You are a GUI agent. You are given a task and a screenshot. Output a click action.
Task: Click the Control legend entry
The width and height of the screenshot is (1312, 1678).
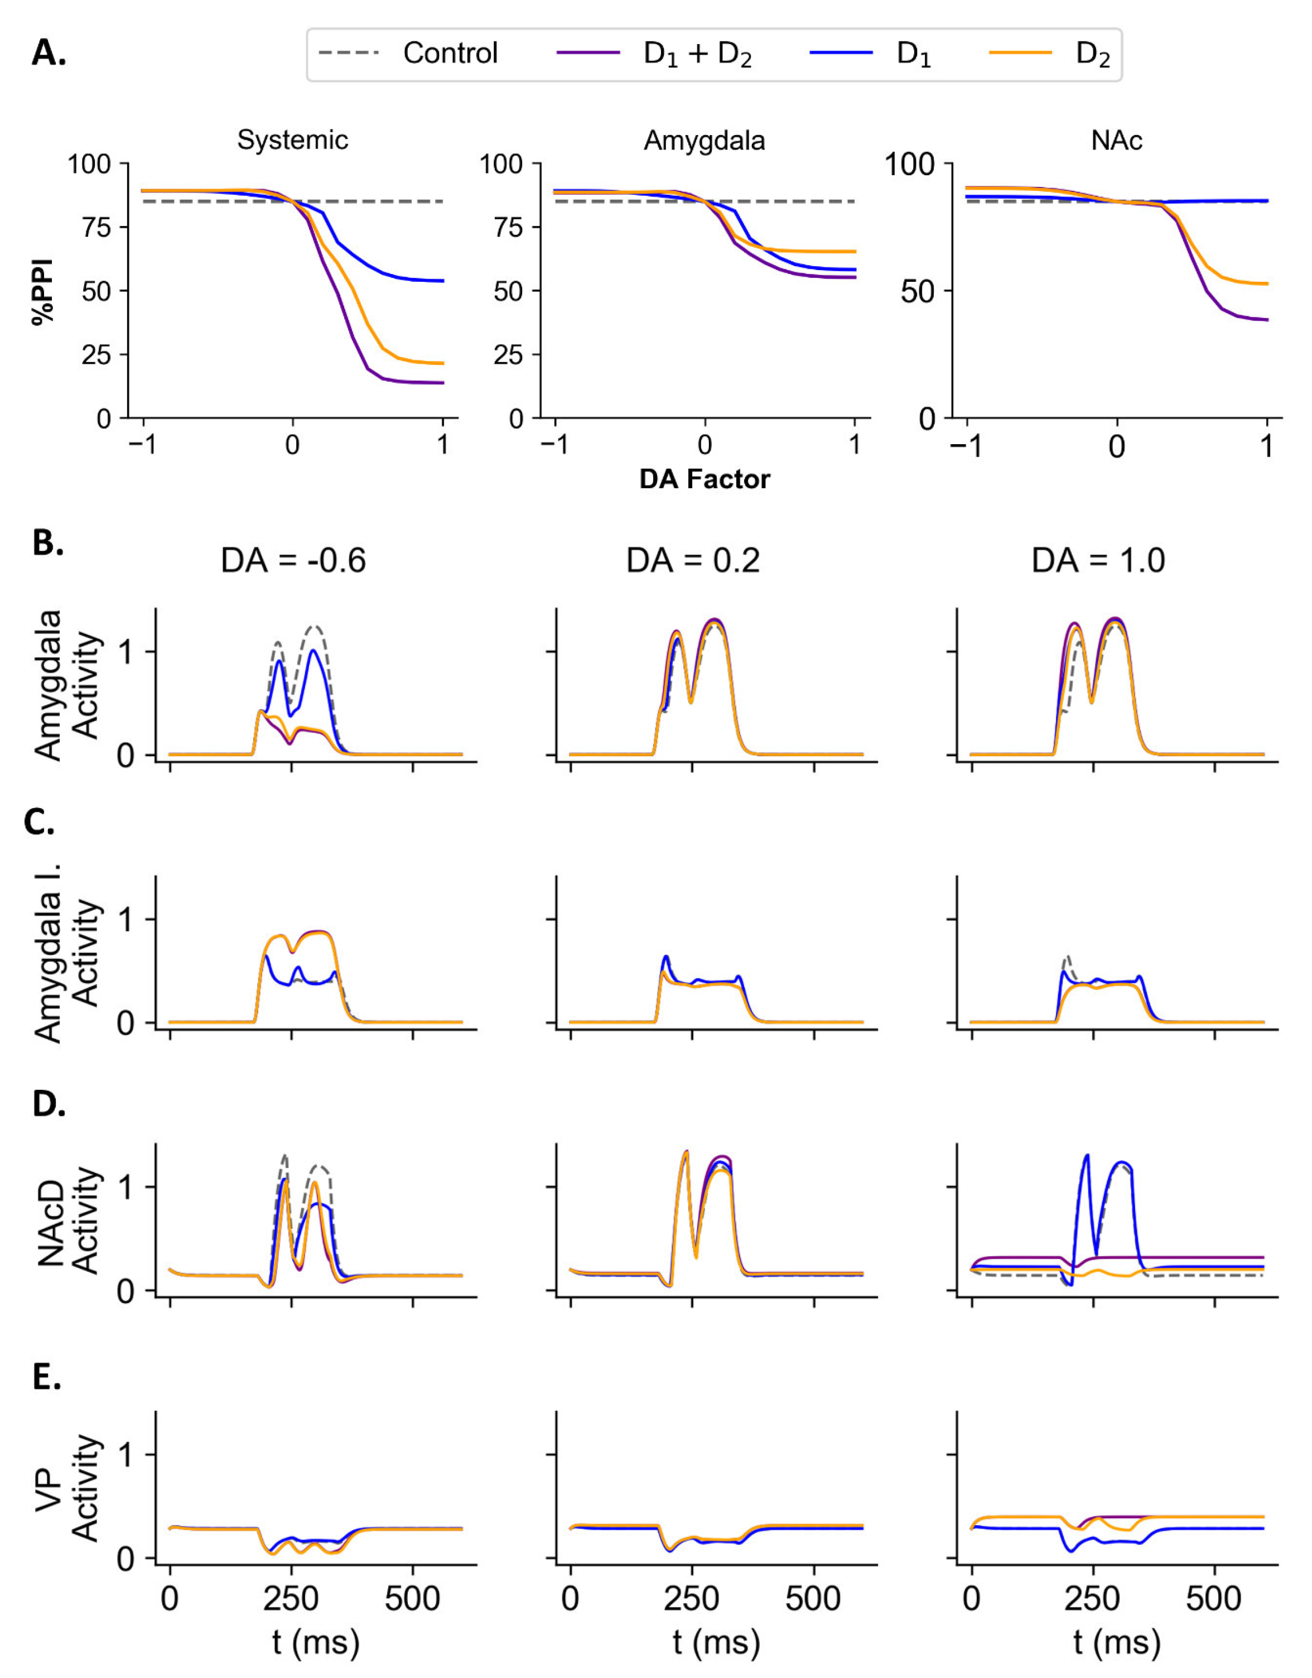pos(450,53)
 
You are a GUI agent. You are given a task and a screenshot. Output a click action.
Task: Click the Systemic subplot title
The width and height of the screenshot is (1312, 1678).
pos(292,140)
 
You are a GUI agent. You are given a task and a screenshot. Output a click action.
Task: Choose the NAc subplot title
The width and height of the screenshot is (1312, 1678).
pos(1116,140)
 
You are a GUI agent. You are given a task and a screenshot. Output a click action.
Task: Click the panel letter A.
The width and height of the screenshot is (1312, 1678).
pos(49,53)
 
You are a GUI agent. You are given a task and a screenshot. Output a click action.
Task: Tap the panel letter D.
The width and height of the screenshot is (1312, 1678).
pos(49,1104)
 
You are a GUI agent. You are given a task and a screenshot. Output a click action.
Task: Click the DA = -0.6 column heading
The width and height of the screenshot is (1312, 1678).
pos(293,561)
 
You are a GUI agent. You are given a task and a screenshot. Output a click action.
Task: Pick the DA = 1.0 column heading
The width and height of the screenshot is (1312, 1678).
pos(1098,561)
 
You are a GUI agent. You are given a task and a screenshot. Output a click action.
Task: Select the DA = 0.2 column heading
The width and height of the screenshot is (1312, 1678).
pos(693,561)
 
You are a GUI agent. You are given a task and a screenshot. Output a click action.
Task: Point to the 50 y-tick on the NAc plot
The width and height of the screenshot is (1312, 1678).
pos(918,291)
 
